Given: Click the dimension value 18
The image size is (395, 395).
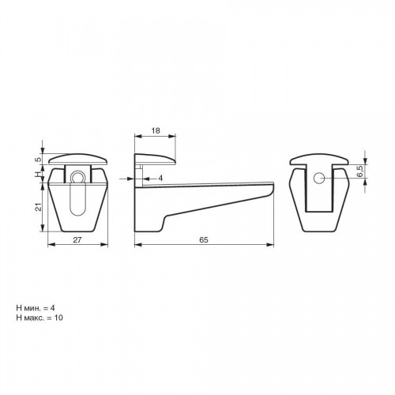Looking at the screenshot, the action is (x=156, y=130).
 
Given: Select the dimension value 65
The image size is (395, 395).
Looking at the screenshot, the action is (x=204, y=239).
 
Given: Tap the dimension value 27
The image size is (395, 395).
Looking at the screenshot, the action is (x=77, y=239).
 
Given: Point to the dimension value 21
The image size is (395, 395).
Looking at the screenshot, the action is (x=39, y=207).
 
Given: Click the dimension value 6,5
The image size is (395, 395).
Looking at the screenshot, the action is (x=361, y=171).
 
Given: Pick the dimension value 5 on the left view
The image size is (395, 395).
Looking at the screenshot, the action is (x=39, y=160).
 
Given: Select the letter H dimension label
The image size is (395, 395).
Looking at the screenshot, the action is (x=39, y=174).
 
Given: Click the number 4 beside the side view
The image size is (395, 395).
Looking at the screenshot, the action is (x=160, y=179).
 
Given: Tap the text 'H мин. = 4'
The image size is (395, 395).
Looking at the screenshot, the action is (x=36, y=307).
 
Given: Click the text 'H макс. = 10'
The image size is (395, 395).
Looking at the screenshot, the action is (x=39, y=318).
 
